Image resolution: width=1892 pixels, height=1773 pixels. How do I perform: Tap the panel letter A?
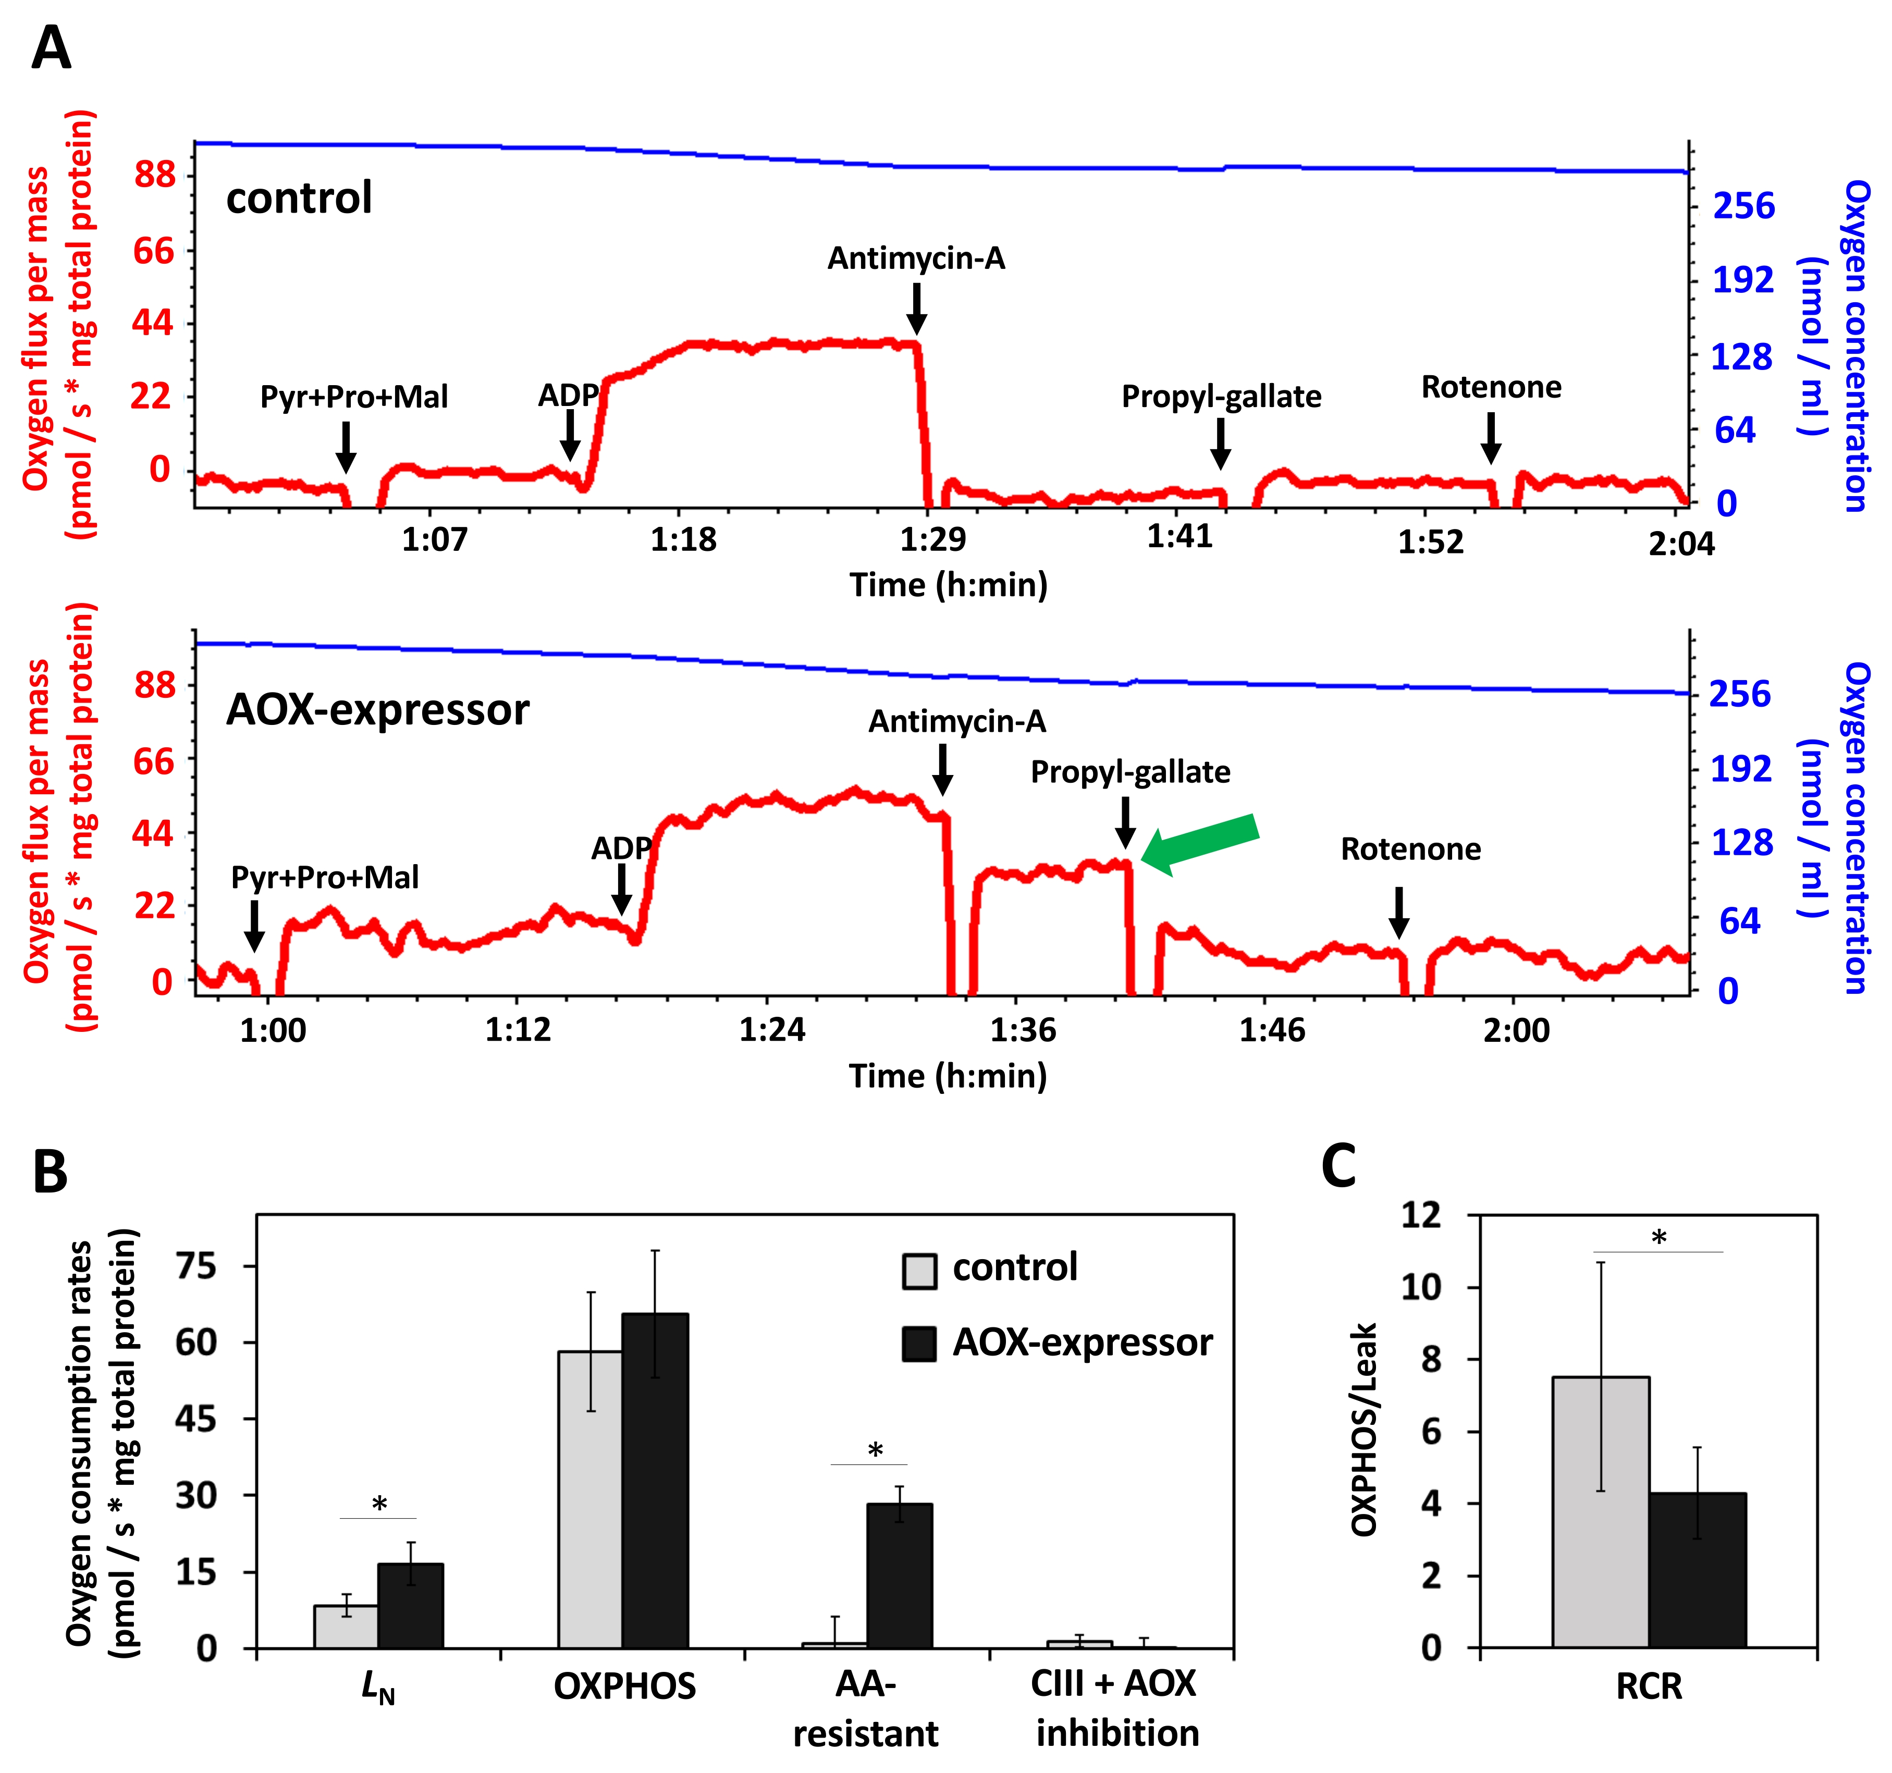click(52, 47)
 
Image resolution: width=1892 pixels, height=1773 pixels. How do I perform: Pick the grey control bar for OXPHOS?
click(590, 1499)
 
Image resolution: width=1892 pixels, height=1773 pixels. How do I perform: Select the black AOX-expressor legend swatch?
click(919, 1344)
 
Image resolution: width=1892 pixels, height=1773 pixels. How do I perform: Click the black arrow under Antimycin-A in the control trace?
click(916, 309)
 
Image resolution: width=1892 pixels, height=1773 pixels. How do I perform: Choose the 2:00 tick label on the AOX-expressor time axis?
click(1516, 1030)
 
